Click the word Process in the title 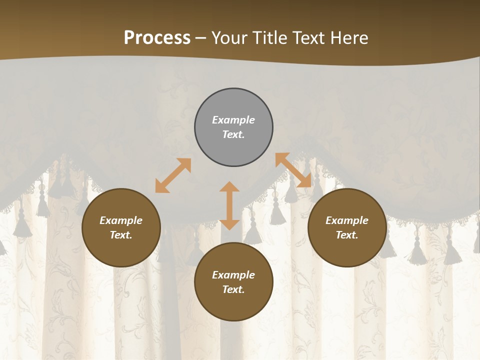[157, 38]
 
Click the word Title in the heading [270, 38]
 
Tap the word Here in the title [348, 38]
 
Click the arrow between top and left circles [173, 175]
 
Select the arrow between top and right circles [293, 170]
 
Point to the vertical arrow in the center [229, 205]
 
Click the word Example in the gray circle [233, 120]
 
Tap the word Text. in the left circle [121, 235]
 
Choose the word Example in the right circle [347, 220]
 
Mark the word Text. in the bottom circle [233, 289]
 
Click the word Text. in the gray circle [233, 134]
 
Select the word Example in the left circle [121, 220]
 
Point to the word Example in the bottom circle [233, 275]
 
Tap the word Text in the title [308, 38]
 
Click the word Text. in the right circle [347, 235]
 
